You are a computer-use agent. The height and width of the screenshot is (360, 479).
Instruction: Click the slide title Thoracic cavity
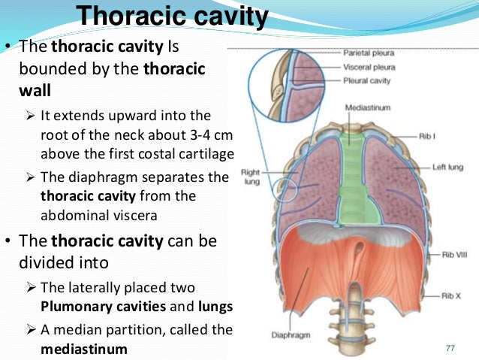173,15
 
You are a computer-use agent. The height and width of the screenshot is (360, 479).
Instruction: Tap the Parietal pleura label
369,54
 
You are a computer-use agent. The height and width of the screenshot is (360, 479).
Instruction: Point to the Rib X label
450,295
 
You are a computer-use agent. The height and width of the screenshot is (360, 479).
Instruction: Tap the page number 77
450,346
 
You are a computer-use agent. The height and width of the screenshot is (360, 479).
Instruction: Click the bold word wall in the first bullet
32,91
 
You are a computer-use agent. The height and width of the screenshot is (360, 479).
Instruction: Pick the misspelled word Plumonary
73,307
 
